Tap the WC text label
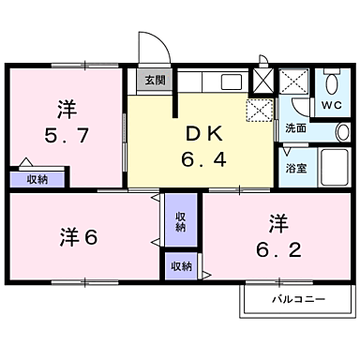pos(332,105)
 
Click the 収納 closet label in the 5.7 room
pos(37,178)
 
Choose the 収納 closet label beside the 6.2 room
pos(182,267)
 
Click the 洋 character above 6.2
pos(277,223)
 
